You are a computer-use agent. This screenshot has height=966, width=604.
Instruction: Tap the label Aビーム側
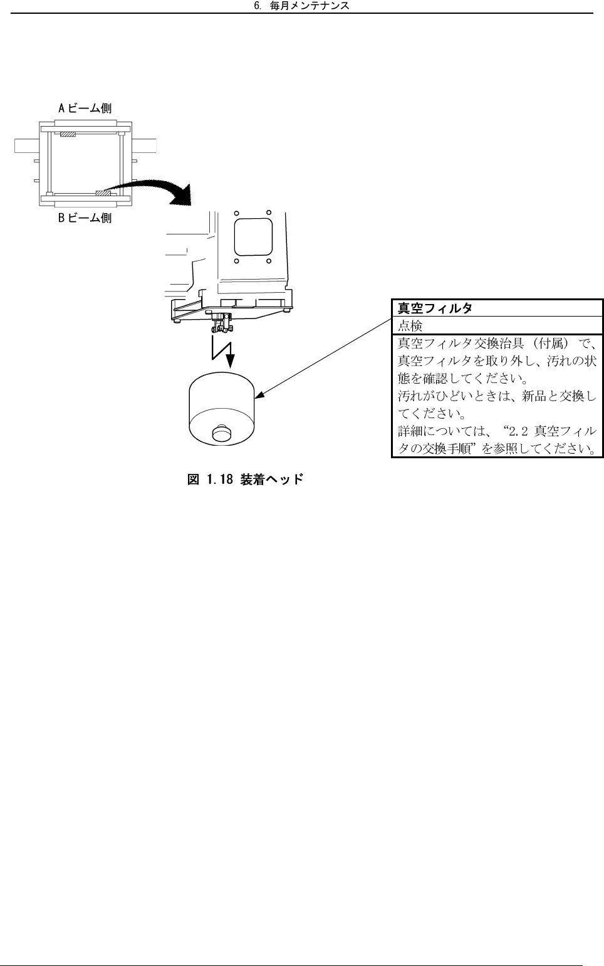coord(85,108)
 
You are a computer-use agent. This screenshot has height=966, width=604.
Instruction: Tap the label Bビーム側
coord(85,218)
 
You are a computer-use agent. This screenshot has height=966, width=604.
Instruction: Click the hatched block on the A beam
coord(68,134)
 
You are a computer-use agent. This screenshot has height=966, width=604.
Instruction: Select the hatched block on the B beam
coord(103,193)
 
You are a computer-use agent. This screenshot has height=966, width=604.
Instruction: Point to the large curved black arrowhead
coord(182,195)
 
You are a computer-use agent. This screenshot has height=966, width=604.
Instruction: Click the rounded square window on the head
coord(253,236)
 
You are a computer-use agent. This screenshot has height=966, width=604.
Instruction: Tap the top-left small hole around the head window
coord(236,213)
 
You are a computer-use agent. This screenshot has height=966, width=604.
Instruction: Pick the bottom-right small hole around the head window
coord(268,260)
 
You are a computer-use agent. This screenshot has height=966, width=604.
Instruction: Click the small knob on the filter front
coord(221,433)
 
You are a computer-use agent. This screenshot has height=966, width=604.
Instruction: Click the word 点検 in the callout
coord(410,326)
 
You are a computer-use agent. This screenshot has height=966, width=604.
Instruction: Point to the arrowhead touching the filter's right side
coord(258,395)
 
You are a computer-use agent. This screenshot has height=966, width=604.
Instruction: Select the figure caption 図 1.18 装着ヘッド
coord(246,480)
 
